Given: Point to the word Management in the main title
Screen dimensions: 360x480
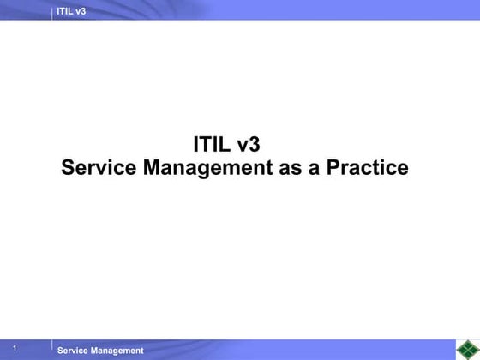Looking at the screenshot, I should (x=207, y=168).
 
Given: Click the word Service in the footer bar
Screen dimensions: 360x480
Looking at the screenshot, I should (x=73, y=351).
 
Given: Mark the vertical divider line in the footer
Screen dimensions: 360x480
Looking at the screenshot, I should (x=51, y=348).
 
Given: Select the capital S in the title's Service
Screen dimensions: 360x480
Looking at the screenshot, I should (x=69, y=168).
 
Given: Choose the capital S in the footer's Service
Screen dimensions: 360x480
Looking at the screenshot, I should (x=60, y=351).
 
